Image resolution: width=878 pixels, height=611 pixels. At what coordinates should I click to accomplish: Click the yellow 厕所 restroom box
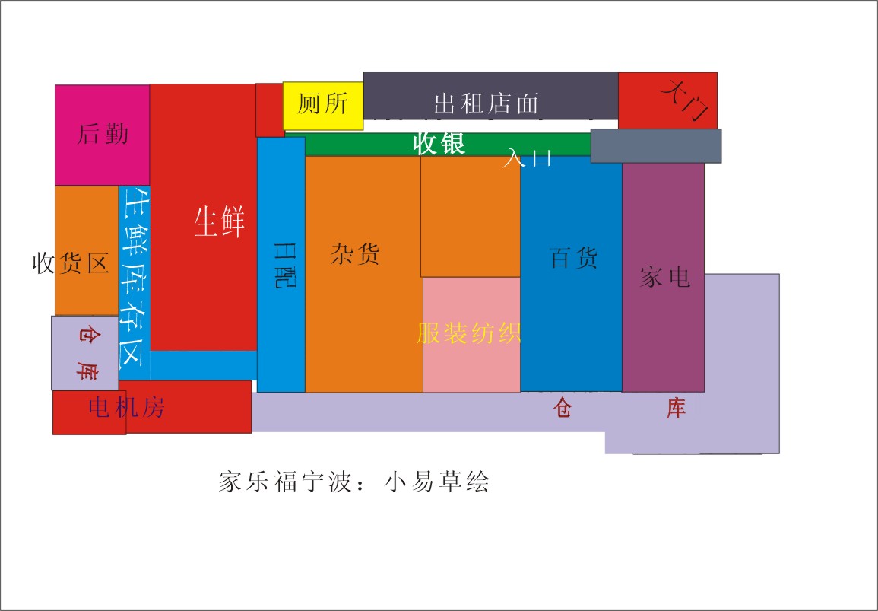pyautogui.click(x=323, y=106)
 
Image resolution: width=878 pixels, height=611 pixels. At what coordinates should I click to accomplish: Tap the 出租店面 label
pyautogui.click(x=486, y=103)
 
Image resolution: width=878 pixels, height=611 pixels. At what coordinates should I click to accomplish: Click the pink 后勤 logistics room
pyautogui.click(x=103, y=135)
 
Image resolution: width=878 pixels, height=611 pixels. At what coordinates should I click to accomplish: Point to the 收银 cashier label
pyautogui.click(x=439, y=144)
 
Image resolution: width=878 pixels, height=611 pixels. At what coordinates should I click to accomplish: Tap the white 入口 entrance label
pyautogui.click(x=527, y=158)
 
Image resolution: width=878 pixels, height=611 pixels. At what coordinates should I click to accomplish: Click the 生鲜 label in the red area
pyautogui.click(x=220, y=221)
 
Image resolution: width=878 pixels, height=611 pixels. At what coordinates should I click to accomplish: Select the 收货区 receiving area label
pyautogui.click(x=71, y=263)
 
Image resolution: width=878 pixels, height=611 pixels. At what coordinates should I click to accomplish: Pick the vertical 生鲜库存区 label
pyautogui.click(x=135, y=277)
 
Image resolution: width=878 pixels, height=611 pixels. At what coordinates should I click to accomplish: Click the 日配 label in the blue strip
pyautogui.click(x=284, y=265)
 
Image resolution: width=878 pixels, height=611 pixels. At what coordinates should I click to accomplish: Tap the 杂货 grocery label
pyautogui.click(x=355, y=254)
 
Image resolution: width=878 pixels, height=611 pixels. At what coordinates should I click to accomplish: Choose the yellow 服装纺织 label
pyautogui.click(x=469, y=333)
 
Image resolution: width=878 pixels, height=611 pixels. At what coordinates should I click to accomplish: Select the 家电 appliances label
pyautogui.click(x=664, y=277)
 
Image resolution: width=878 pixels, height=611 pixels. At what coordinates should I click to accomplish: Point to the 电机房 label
pyautogui.click(x=126, y=407)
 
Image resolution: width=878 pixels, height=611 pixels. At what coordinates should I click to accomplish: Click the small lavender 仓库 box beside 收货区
pyautogui.click(x=85, y=352)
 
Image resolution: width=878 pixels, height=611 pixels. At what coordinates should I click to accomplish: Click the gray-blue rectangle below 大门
pyautogui.click(x=656, y=146)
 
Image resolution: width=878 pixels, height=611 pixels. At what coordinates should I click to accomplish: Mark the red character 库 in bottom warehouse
pyautogui.click(x=676, y=408)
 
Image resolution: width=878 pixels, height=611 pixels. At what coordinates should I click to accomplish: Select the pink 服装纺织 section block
pyautogui.click(x=471, y=335)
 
